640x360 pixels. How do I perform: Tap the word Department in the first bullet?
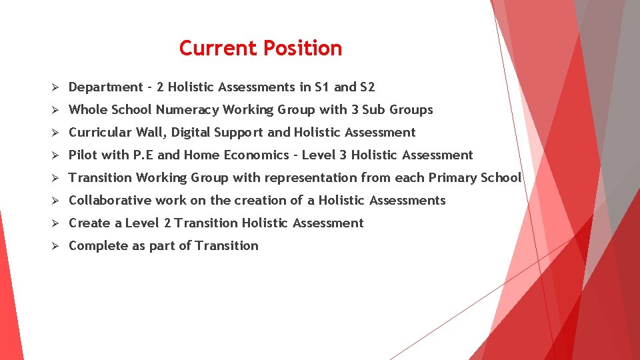[106, 87]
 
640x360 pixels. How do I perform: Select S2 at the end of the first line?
[367, 87]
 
